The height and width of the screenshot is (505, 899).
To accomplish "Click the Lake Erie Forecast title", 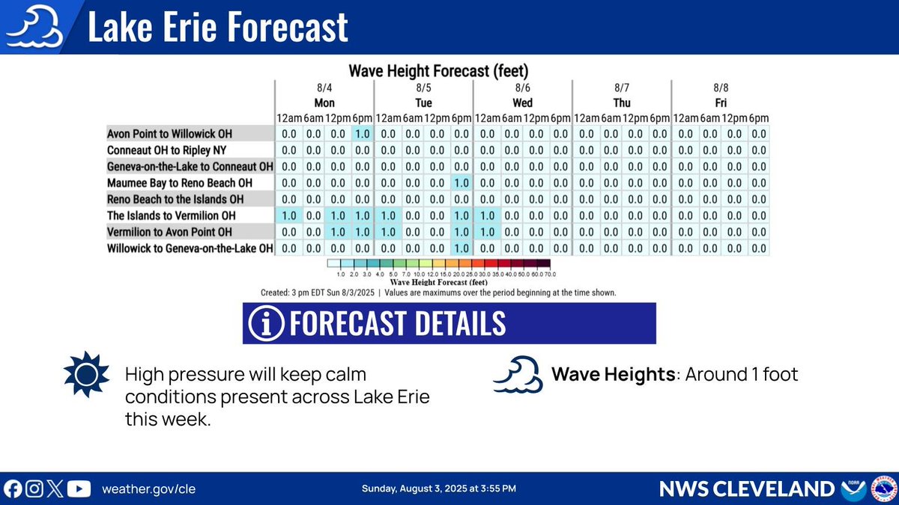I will pyautogui.click(x=217, y=27).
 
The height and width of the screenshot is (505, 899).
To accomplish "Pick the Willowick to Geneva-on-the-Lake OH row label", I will pyautogui.click(x=190, y=248).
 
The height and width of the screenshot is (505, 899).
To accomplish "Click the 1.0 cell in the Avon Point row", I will pyautogui.click(x=362, y=133).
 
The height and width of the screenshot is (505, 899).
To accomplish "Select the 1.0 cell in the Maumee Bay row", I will pyautogui.click(x=461, y=183).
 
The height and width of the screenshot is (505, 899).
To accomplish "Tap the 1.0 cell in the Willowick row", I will pyautogui.click(x=461, y=248).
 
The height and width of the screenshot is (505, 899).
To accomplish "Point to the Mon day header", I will pyautogui.click(x=324, y=102).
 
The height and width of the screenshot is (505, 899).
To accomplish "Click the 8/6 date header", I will pyautogui.click(x=522, y=88).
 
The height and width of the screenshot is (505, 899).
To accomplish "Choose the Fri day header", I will pyautogui.click(x=720, y=102).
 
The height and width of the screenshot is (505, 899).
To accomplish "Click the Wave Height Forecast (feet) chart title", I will pyautogui.click(x=438, y=72).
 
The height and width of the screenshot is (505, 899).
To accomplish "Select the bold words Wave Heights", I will pyautogui.click(x=613, y=373).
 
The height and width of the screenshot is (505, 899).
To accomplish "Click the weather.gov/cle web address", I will pyautogui.click(x=148, y=489).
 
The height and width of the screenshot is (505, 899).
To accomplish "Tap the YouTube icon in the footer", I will pyautogui.click(x=79, y=489).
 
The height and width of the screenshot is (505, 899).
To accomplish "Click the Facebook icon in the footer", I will pyautogui.click(x=13, y=489).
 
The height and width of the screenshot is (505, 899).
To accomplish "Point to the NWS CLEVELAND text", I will pyautogui.click(x=746, y=489).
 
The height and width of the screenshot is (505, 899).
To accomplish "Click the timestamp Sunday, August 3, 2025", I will pyautogui.click(x=438, y=489).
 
